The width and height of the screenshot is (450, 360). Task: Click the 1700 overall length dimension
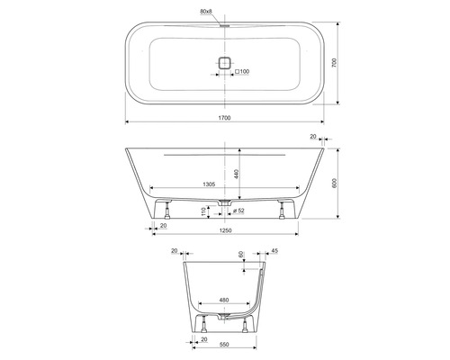224,118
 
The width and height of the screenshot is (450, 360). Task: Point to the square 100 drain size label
240,70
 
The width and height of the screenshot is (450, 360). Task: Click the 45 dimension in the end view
273,251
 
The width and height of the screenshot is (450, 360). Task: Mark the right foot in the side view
284,210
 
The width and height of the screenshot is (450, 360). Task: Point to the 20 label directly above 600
312,137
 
